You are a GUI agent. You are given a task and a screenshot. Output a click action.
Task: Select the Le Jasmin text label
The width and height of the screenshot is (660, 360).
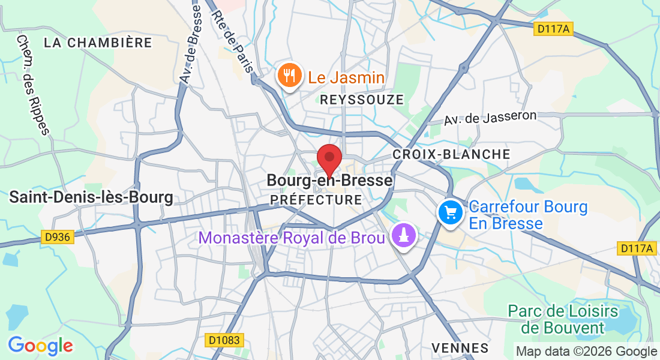[346, 77]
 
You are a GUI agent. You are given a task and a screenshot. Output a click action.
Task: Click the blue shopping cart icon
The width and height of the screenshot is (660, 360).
[451, 213]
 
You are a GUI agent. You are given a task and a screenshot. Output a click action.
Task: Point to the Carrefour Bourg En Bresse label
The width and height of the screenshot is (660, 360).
[528, 215]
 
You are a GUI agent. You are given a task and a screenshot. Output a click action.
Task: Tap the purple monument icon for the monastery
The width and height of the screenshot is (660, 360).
[404, 235]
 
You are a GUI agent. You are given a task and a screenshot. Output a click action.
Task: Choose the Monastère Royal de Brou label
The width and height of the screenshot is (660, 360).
[292, 238]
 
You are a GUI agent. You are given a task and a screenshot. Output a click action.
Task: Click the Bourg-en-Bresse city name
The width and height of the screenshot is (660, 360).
[329, 181]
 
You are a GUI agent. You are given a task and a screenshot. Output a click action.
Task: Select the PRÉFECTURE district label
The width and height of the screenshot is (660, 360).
[316, 199]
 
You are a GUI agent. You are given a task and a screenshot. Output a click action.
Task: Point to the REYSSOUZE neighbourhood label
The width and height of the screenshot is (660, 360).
[362, 100]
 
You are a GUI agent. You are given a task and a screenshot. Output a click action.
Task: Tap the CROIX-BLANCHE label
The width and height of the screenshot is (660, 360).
[451, 154]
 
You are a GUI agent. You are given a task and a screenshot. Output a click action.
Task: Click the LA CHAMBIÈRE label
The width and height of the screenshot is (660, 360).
[98, 43]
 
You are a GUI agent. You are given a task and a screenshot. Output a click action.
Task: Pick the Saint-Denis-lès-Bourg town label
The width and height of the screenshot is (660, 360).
[91, 197]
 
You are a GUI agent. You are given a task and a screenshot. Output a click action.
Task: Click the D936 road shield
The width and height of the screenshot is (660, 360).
[58, 237]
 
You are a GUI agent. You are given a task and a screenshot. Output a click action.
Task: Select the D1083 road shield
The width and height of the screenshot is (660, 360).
[224, 340]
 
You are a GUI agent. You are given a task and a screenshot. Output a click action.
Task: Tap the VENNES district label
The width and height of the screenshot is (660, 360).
[460, 348]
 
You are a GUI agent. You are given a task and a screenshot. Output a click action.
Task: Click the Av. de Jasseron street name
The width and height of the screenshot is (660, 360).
[490, 118]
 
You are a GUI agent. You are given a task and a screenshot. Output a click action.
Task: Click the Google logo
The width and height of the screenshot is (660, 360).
[40, 346]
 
